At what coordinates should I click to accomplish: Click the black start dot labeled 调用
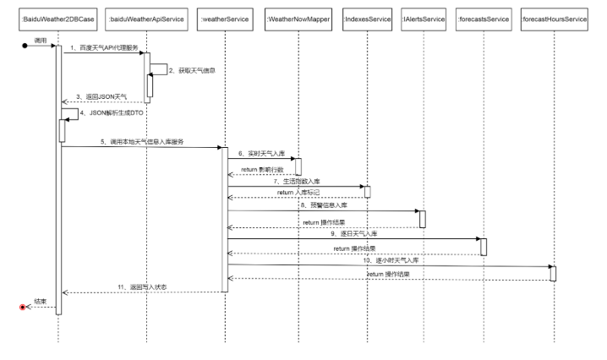25,46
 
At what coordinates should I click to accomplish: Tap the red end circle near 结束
23,307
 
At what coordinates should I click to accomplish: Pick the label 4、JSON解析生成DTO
106,112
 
